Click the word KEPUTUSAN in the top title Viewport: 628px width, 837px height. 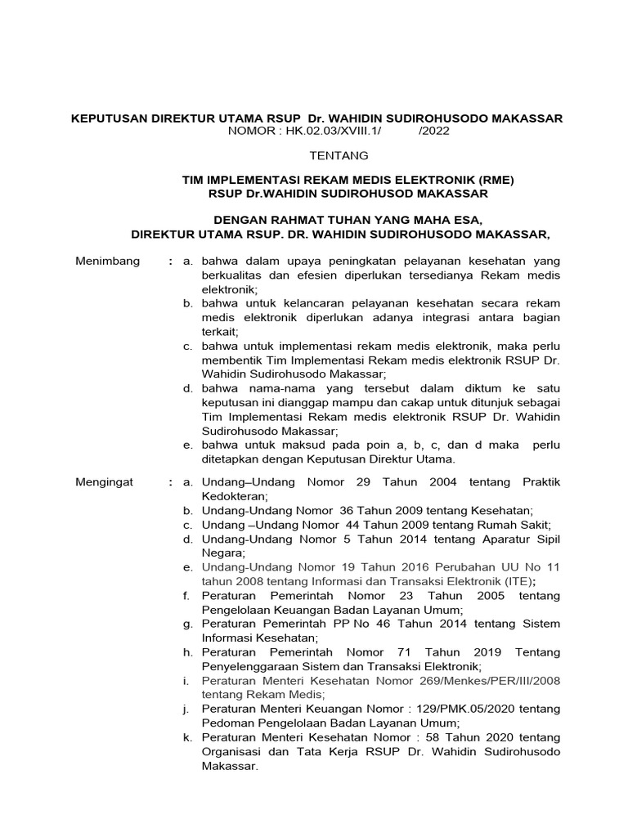click(x=109, y=118)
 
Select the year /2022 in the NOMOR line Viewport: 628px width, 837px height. click(x=433, y=131)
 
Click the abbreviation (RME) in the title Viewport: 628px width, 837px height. click(x=498, y=180)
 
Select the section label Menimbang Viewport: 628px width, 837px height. click(x=107, y=261)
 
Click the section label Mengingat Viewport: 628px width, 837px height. click(x=105, y=482)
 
